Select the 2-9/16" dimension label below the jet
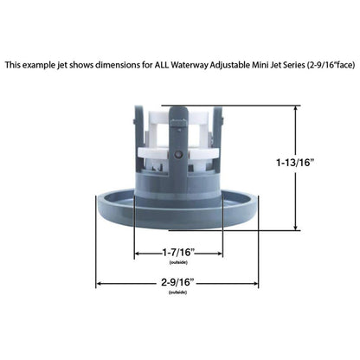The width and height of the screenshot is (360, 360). point(177,282)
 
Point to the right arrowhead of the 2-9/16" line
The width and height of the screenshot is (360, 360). point(257,282)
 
